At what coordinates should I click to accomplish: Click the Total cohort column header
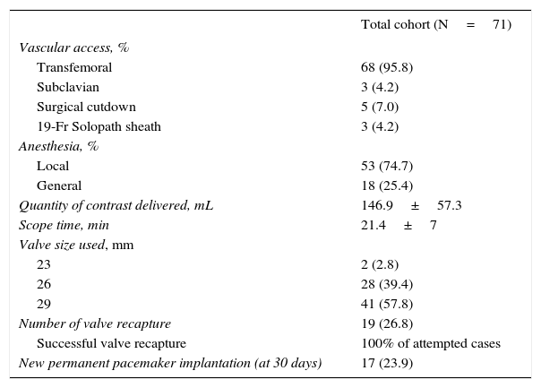[x=435, y=25]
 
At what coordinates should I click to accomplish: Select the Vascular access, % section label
[x=73, y=47]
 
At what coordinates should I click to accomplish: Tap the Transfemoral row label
[x=74, y=67]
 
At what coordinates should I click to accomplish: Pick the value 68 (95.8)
[x=386, y=67]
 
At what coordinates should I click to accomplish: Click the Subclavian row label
[x=68, y=87]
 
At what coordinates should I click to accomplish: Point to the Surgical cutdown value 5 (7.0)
[x=380, y=107]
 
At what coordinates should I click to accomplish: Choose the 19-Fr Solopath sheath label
[x=99, y=126]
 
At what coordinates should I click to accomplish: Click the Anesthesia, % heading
[x=58, y=146]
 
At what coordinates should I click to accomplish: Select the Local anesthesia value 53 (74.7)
[x=386, y=166]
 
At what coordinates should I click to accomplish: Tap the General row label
[x=59, y=185]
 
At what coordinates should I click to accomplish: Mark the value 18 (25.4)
[x=386, y=185]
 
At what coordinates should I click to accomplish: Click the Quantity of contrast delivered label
[x=116, y=205]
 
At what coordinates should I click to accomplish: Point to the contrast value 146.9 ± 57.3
[x=411, y=205]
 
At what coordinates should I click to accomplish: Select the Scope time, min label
[x=64, y=225]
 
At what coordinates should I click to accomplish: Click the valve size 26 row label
[x=44, y=284]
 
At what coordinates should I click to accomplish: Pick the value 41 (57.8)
[x=386, y=304]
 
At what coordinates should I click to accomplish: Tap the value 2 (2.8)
[x=380, y=264]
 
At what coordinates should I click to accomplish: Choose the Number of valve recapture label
[x=94, y=323]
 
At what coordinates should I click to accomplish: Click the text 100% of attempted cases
[x=430, y=343]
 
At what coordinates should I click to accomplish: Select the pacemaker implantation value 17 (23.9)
[x=386, y=363]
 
